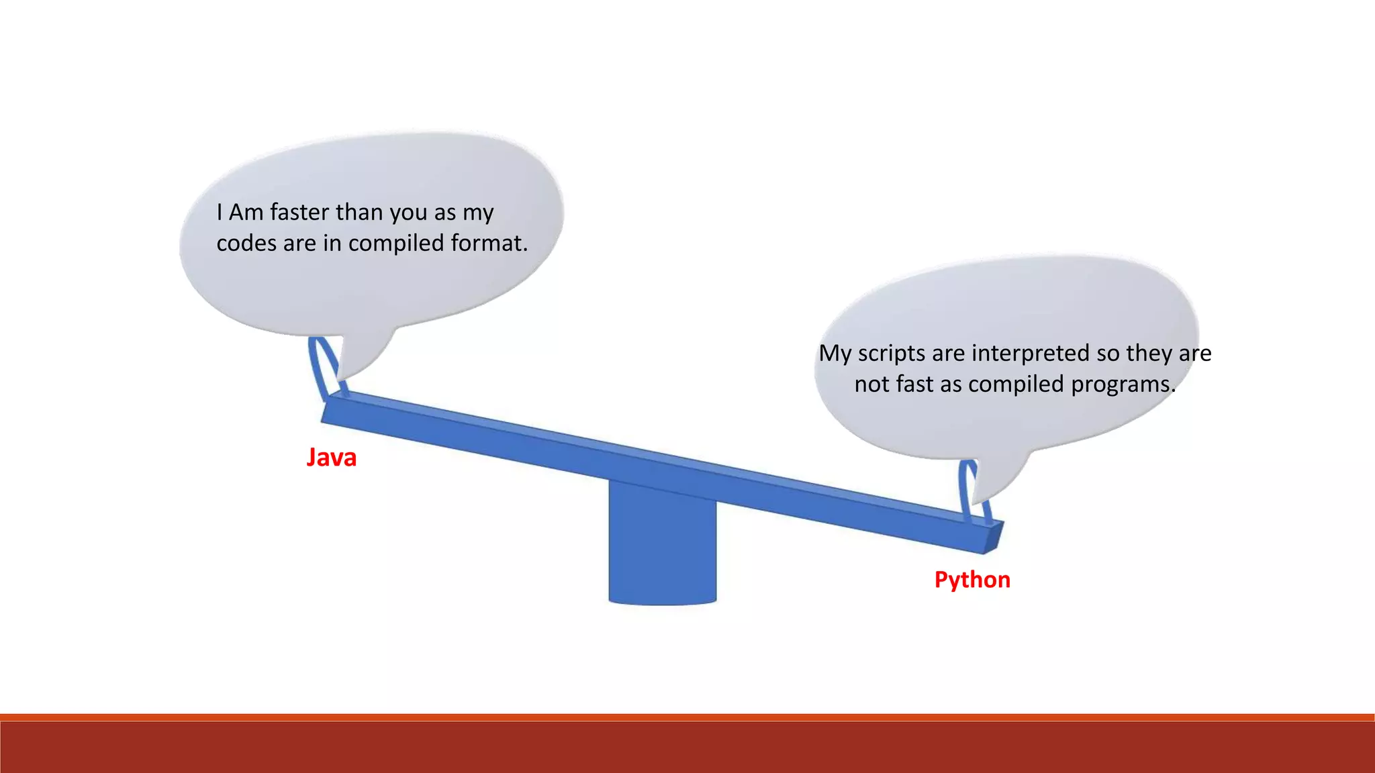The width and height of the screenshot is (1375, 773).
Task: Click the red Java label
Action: coord(331,458)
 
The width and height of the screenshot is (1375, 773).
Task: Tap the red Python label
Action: coord(972,580)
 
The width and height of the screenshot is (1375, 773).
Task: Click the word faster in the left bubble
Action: coord(299,213)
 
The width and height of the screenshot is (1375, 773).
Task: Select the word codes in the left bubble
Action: coord(246,243)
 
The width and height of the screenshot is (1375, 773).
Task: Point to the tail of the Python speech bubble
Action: coord(994,483)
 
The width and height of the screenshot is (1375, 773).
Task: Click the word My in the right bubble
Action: coord(835,354)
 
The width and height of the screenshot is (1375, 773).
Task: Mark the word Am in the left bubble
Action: coord(246,213)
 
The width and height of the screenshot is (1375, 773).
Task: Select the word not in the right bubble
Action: coord(871,384)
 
